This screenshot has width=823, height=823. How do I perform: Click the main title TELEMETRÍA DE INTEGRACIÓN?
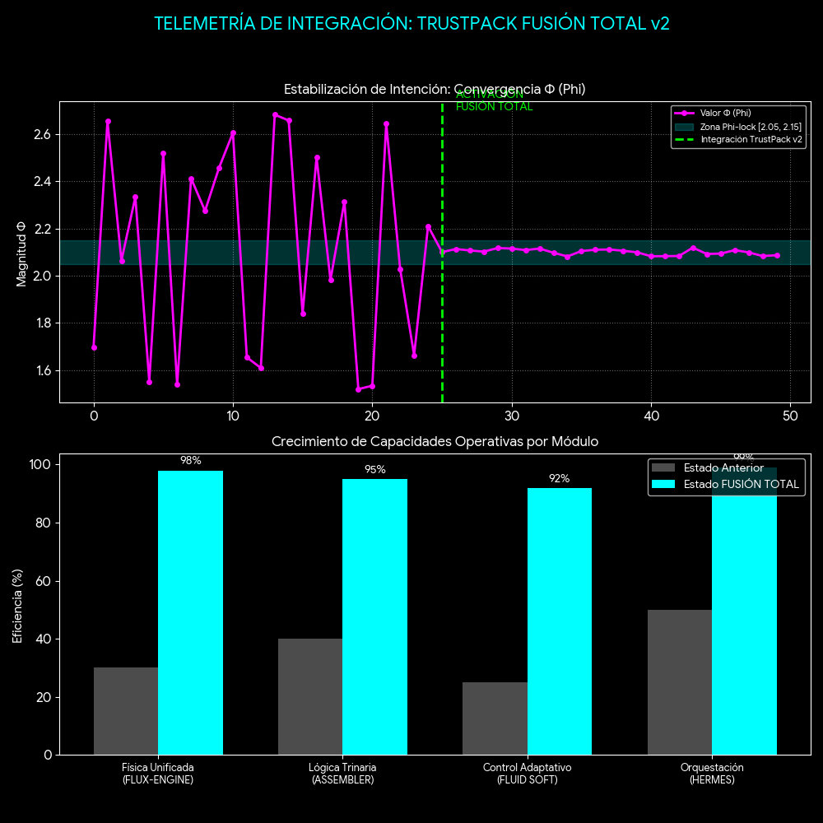(x=411, y=23)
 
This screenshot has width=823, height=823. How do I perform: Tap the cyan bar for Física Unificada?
(x=190, y=612)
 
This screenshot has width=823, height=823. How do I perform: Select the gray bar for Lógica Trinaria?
(x=309, y=696)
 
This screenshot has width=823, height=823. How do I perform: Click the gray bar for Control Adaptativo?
(x=495, y=718)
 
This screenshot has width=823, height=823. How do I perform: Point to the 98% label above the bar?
(x=190, y=461)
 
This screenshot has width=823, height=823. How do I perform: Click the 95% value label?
(x=374, y=470)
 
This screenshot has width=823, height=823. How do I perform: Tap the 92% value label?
(x=559, y=478)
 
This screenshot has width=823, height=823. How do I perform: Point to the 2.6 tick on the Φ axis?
(x=44, y=134)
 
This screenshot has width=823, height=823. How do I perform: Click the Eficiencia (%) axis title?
(x=18, y=604)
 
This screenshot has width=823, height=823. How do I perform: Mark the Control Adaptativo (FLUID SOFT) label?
(x=527, y=774)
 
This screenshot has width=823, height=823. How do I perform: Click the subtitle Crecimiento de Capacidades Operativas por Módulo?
(x=435, y=442)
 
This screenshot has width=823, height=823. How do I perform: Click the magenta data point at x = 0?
(x=94, y=347)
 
